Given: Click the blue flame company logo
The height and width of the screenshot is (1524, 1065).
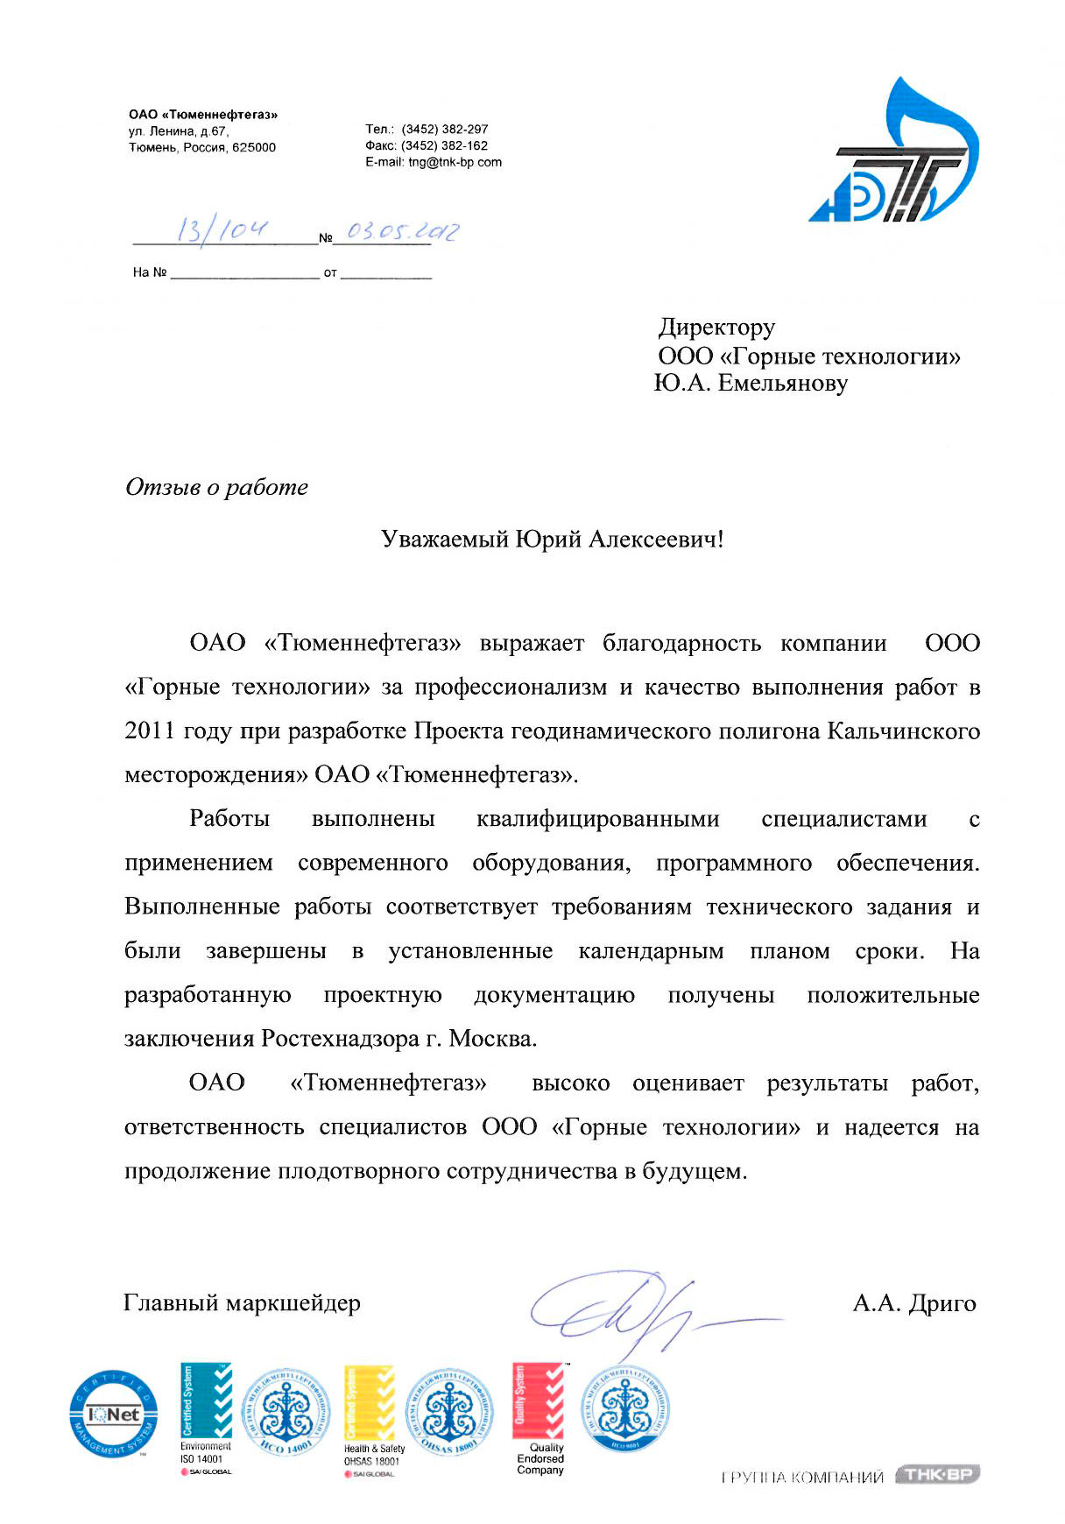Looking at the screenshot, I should pyautogui.click(x=893, y=153).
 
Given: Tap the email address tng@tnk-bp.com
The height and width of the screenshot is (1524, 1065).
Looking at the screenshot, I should pyautogui.click(x=455, y=162).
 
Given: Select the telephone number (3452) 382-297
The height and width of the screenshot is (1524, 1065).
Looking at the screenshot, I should pyautogui.click(x=444, y=129).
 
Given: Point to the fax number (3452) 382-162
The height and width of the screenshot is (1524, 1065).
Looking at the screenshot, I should pyautogui.click(x=444, y=145).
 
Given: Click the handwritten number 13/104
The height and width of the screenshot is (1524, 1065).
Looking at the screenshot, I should pyautogui.click(x=222, y=230).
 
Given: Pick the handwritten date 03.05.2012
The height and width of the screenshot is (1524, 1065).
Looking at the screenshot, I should pyautogui.click(x=402, y=231).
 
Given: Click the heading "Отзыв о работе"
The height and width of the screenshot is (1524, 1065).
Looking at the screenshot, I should pyautogui.click(x=216, y=487).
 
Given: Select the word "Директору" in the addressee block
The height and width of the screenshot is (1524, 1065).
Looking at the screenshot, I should pyautogui.click(x=716, y=328).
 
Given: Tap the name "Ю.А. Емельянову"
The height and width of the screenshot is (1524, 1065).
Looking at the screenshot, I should pyautogui.click(x=751, y=383).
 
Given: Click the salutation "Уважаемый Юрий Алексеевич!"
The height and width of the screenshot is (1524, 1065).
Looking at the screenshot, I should pyautogui.click(x=552, y=539).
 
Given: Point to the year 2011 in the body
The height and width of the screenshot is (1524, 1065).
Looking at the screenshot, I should pyautogui.click(x=150, y=731).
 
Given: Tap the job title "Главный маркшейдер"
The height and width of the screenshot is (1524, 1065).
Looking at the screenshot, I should pyautogui.click(x=242, y=1303).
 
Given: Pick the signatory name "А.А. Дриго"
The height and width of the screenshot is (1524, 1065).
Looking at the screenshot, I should pyautogui.click(x=913, y=1303).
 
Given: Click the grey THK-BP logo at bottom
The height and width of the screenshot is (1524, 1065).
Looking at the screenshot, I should pyautogui.click(x=937, y=1475).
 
